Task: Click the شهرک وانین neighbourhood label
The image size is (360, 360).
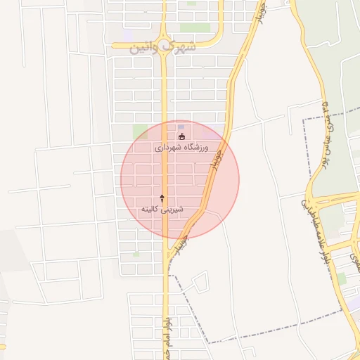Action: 161,47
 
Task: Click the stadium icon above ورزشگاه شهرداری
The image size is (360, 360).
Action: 182,136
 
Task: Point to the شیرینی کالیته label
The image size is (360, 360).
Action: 162,209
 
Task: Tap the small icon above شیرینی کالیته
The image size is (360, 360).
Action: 162,198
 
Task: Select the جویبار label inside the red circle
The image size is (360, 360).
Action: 218,159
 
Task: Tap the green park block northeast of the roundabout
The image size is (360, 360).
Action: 194,28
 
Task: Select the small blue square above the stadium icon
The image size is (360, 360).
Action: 182,127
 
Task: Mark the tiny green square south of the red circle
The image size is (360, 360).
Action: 136,253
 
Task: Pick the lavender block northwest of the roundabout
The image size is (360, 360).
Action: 128,34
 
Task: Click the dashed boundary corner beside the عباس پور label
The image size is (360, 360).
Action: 304,121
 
